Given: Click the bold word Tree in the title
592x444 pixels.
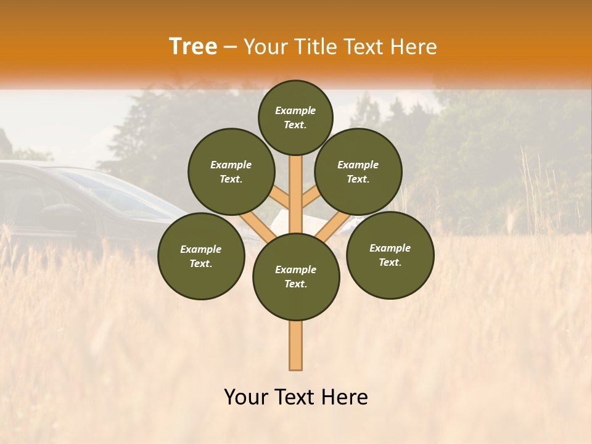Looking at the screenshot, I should pos(193,46).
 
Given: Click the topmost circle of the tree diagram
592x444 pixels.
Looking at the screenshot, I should pos(295,117).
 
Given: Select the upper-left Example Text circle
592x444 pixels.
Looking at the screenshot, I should pos(231,171).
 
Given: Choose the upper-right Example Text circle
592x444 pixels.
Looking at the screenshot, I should pos(358,171).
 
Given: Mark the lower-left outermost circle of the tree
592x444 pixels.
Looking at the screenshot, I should pos(201,256).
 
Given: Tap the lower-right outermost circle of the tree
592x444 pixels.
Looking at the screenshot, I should pos(390,255).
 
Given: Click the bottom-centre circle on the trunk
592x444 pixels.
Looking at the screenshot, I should pos(296,276).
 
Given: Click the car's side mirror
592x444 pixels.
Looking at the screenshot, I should pos(55,213).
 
